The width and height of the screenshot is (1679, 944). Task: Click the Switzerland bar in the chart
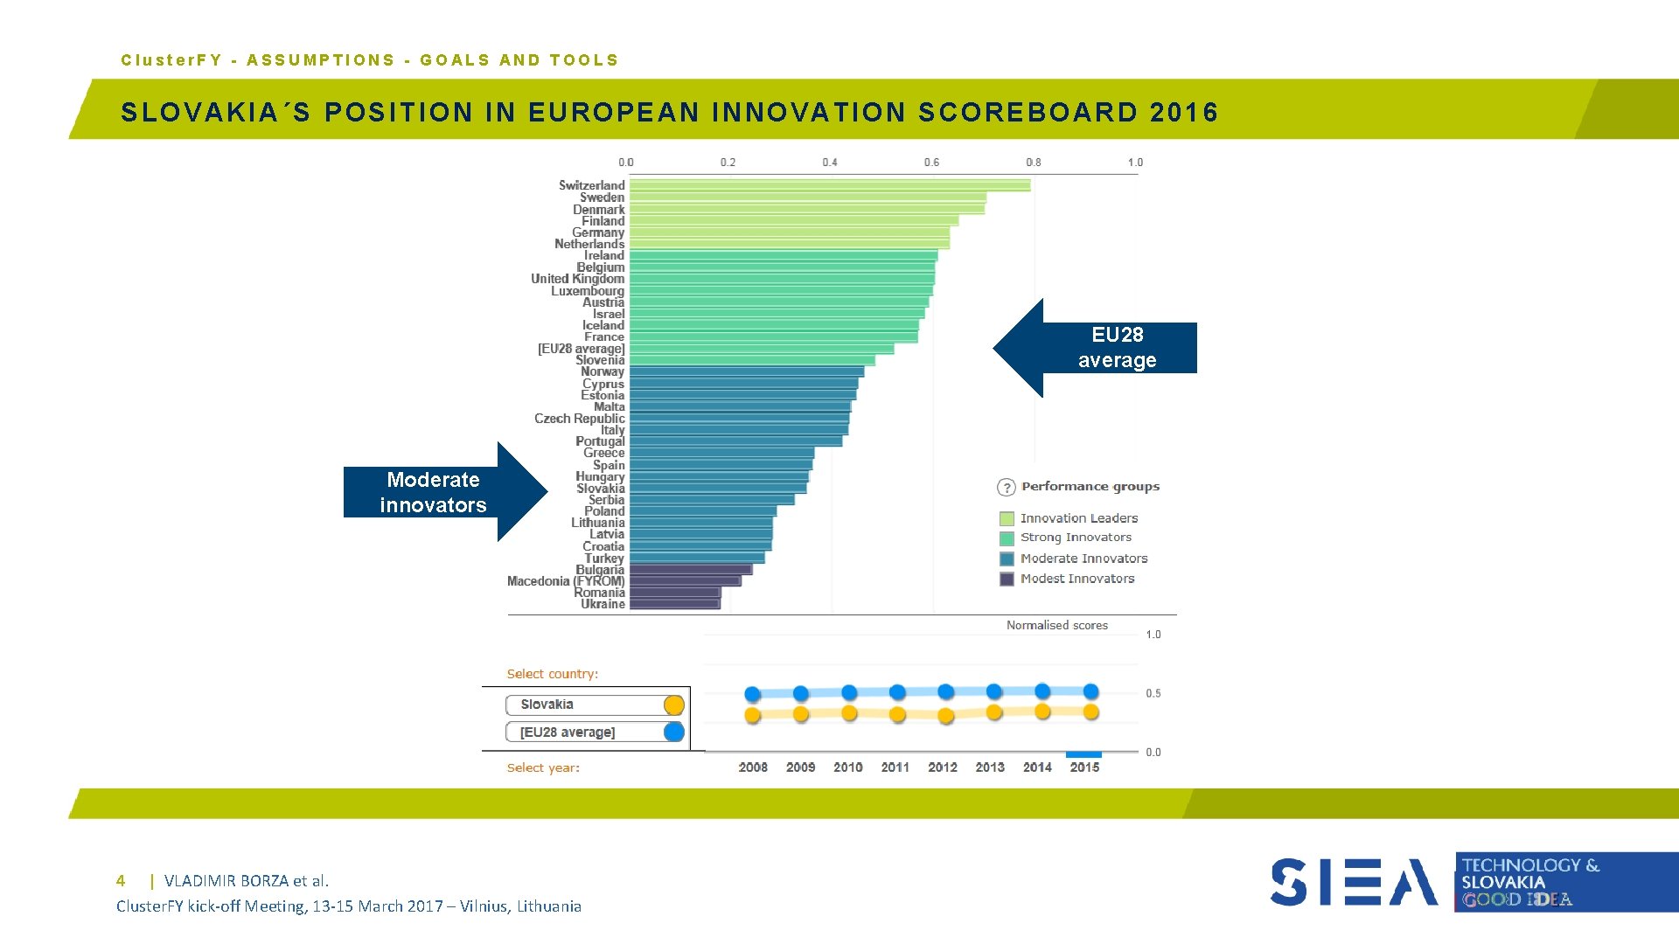(829, 185)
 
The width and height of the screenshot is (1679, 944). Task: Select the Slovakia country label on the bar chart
(600, 489)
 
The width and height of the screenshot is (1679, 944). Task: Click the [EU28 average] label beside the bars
(581, 349)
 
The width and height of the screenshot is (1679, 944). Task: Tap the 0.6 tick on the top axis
(931, 163)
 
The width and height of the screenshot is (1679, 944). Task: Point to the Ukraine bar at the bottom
(673, 604)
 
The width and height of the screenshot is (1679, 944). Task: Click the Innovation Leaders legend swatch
(1007, 518)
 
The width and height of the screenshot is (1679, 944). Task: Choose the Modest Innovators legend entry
(1076, 579)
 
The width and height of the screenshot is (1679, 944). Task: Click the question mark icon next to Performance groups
(1007, 488)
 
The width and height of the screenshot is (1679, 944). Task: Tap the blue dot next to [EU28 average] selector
(673, 732)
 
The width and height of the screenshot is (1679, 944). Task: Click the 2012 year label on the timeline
(942, 767)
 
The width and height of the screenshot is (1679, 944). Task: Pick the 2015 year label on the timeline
(1084, 767)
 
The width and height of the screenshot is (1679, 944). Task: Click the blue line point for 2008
(752, 694)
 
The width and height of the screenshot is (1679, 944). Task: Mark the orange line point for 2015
(1090, 712)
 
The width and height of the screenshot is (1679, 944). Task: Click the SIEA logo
(1353, 882)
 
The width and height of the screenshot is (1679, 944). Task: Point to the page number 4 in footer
(121, 881)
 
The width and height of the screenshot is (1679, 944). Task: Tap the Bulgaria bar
(690, 570)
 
